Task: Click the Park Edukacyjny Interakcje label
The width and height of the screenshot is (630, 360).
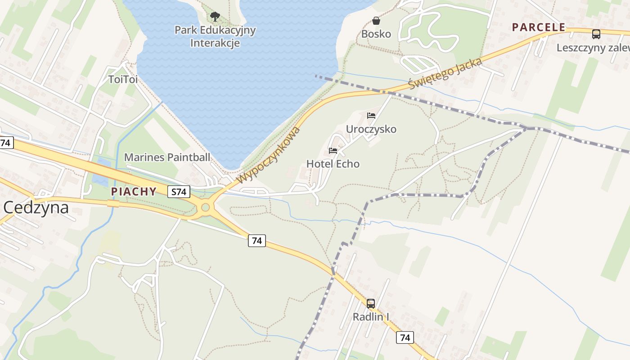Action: click(215, 36)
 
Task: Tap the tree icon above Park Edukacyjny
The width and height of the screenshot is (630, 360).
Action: click(215, 17)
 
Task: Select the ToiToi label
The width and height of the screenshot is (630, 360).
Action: click(123, 80)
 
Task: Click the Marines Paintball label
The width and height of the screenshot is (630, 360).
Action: click(167, 157)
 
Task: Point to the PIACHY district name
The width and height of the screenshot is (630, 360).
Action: click(134, 192)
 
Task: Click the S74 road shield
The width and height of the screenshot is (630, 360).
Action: click(179, 192)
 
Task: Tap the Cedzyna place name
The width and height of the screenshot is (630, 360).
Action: click(36, 207)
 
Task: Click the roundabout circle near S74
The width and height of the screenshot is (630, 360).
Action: click(206, 207)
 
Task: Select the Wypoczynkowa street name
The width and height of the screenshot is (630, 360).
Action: click(268, 155)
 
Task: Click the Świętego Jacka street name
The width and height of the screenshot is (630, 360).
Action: click(445, 73)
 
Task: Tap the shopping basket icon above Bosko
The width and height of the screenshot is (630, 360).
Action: click(376, 21)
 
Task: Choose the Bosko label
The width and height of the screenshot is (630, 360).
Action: click(376, 34)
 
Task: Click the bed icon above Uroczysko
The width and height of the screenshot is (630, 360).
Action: click(371, 116)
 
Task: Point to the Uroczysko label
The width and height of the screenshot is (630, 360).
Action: click(371, 130)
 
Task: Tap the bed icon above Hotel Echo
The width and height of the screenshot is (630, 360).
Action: click(333, 150)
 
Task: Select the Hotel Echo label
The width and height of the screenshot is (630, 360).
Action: click(333, 164)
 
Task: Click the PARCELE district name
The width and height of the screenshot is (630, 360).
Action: click(538, 27)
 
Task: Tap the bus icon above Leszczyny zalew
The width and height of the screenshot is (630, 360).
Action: click(596, 34)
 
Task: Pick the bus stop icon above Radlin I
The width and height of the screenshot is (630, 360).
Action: click(371, 303)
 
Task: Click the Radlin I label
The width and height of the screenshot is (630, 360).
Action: click(371, 317)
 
